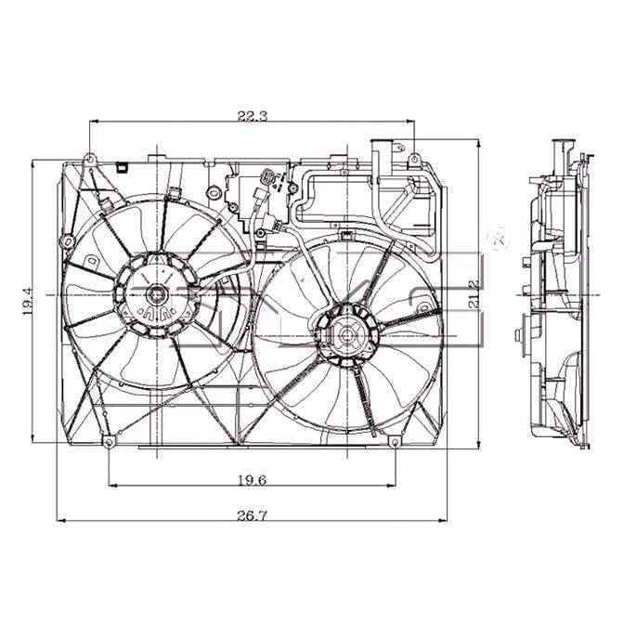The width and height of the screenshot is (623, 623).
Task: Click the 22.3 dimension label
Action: point(253,116)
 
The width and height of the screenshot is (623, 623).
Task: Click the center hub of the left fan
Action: point(158,295)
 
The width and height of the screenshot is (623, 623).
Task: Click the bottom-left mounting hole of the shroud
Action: point(110,444)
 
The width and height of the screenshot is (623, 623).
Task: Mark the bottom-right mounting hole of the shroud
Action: point(394,444)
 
